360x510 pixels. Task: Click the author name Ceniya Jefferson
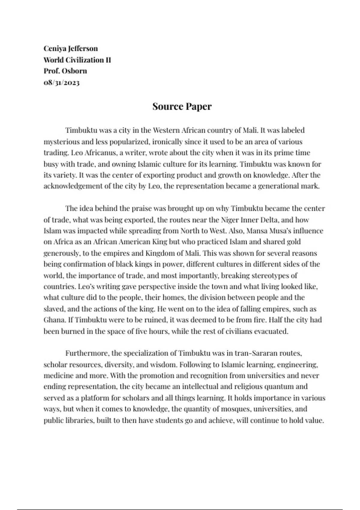(x=70, y=49)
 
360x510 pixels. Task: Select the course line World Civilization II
(x=77, y=60)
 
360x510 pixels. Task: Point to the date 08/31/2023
(x=61, y=82)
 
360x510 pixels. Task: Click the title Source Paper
(x=182, y=106)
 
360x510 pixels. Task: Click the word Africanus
(x=100, y=153)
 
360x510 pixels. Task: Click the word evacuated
(x=271, y=331)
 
